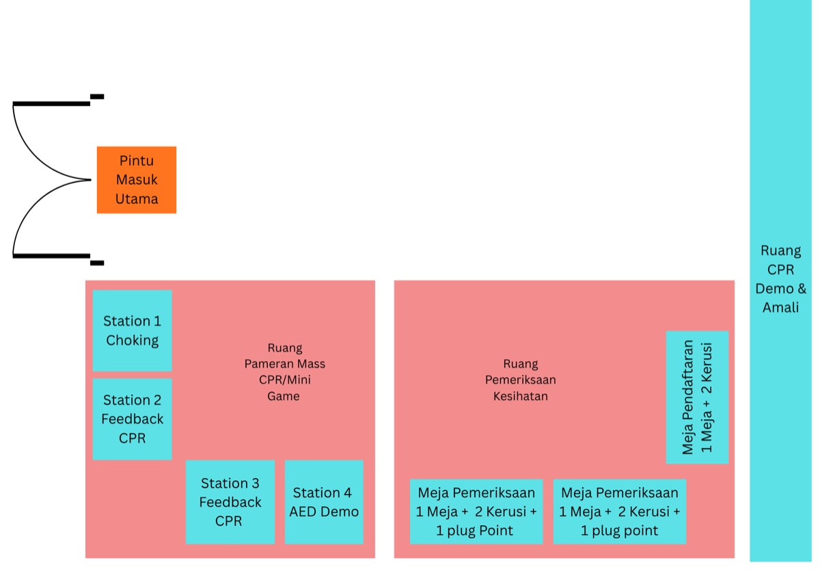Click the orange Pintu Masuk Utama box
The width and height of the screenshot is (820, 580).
coord(137,180)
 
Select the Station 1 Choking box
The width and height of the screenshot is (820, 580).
coord(132,330)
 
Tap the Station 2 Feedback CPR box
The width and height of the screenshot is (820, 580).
coord(132,419)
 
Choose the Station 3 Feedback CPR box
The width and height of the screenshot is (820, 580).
coord(230,502)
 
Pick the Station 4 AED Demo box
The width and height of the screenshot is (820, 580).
coord(324,502)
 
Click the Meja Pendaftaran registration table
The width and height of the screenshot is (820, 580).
coord(697,397)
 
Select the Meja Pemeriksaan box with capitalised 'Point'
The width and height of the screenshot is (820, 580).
coord(476,512)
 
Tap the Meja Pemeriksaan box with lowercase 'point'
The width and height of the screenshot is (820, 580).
coord(619,512)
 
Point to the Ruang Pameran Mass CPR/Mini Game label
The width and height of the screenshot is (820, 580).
coord(284,372)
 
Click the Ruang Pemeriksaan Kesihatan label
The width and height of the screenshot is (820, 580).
coord(520,380)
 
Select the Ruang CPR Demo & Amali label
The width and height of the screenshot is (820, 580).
coord(780,279)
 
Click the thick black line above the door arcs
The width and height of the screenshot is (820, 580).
coord(51,104)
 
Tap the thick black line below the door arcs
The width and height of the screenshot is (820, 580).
coord(51,256)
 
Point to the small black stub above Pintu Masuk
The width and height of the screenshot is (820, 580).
coord(97,96)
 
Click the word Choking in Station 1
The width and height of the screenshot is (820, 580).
coord(132,341)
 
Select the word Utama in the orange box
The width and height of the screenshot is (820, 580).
coord(137,199)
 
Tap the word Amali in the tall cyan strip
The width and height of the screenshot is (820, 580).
coord(780,307)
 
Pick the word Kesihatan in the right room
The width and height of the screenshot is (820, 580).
coord(520,396)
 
